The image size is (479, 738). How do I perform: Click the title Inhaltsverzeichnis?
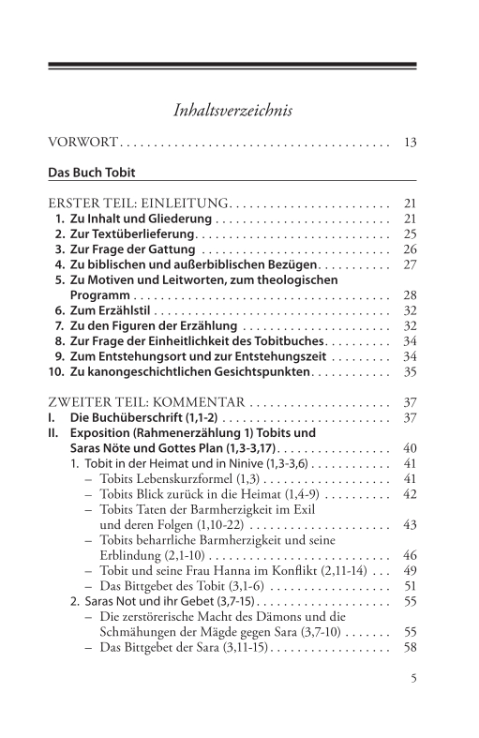[x=233, y=111]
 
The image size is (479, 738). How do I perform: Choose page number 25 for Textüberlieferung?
[x=409, y=233]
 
